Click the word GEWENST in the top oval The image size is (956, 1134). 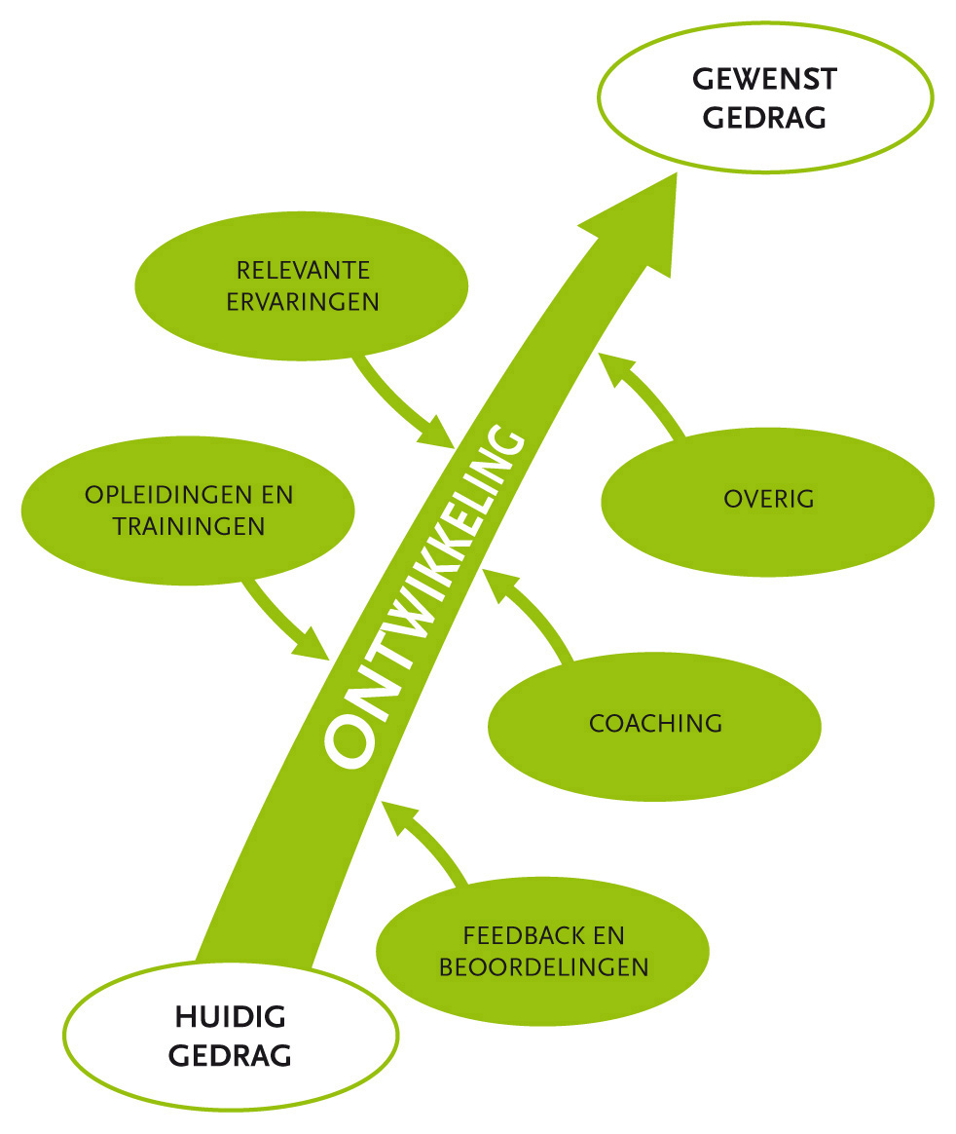pos(764,78)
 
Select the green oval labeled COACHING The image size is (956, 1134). pos(654,724)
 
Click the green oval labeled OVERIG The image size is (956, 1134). pos(768,500)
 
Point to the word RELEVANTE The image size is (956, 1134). pos(303,269)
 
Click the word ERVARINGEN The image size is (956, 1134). pos(303,301)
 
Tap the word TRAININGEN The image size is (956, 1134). pos(189,526)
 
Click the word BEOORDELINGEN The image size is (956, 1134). pos(543,967)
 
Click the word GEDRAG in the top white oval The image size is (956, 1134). pos(764,118)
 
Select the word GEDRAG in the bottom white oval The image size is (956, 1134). pos(230,1055)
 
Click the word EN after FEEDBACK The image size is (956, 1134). pos(608,936)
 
